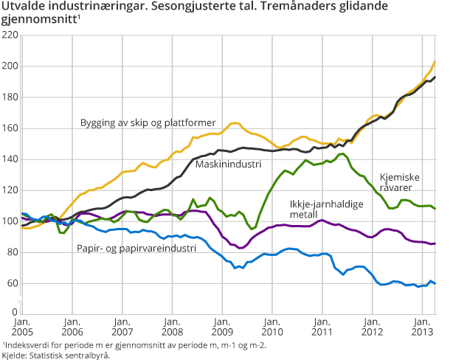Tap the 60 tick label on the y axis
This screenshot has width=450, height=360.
(11, 283)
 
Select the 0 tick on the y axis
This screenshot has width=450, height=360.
(15, 314)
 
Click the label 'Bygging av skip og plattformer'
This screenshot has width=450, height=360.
(148, 122)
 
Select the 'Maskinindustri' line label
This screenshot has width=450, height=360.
(228, 164)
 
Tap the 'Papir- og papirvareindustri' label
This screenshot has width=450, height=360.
(136, 249)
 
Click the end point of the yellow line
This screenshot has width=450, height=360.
(435, 61)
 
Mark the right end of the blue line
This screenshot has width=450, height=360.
(435, 283)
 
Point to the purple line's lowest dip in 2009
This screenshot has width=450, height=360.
(240, 248)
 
